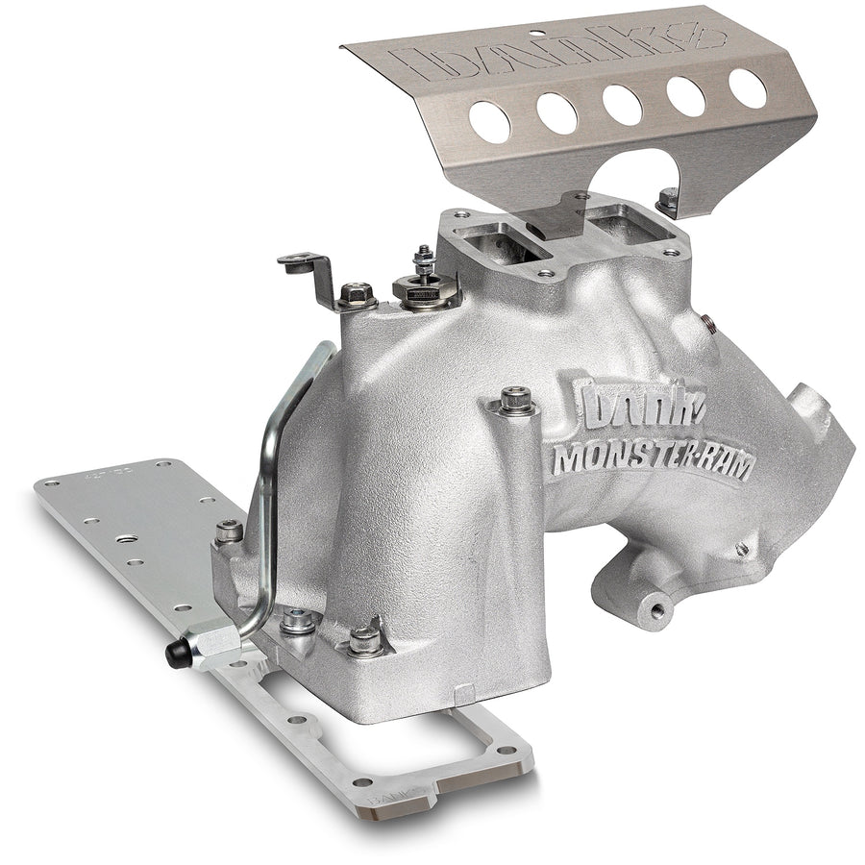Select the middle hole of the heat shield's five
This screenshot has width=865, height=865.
pyautogui.click(x=624, y=104)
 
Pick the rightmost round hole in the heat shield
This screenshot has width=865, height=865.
pyautogui.click(x=748, y=88)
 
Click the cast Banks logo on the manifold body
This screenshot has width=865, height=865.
pyautogui.click(x=638, y=404)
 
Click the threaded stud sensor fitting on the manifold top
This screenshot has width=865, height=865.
pyautogui.click(x=423, y=279)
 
